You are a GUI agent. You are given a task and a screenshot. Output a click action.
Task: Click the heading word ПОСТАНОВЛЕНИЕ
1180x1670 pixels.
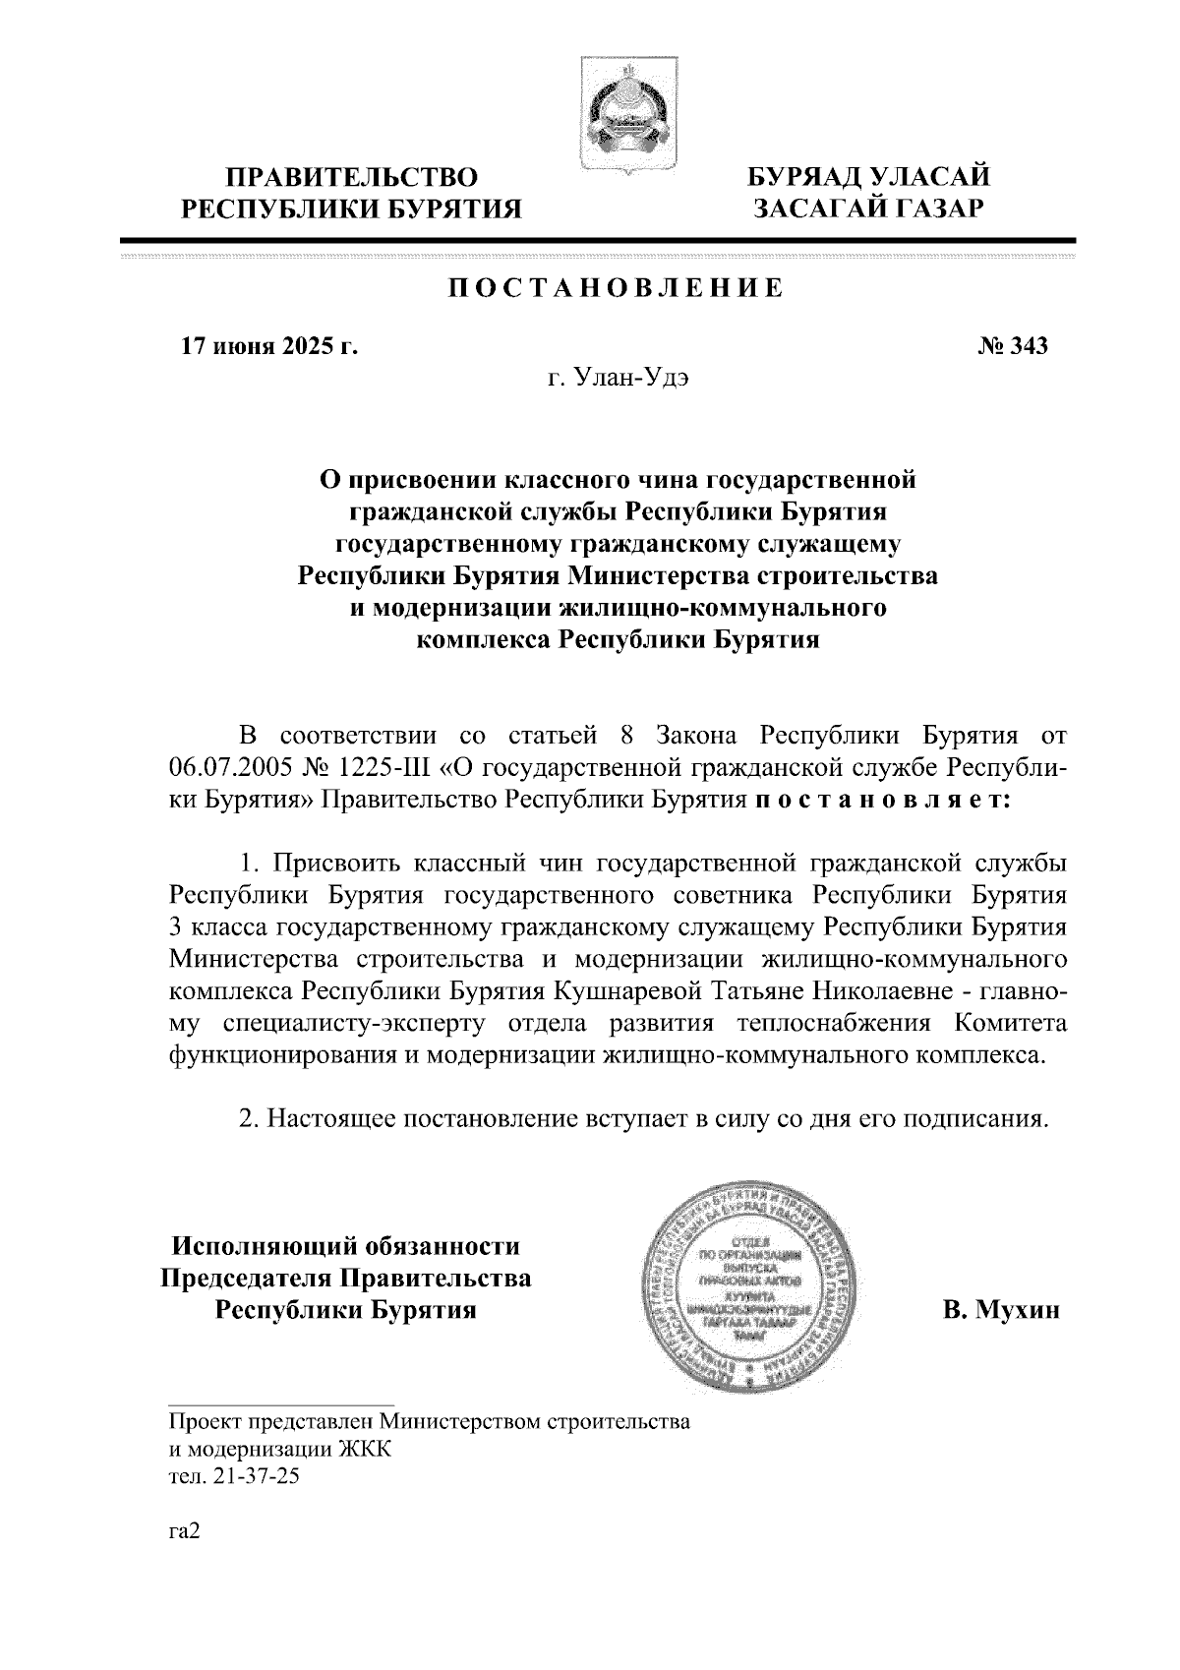click(618, 288)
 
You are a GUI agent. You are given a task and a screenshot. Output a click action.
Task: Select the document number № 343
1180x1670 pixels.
click(1013, 346)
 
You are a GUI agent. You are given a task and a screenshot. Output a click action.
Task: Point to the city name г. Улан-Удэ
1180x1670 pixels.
click(618, 380)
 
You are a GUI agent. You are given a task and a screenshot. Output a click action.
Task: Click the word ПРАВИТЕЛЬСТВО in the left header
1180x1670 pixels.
click(352, 178)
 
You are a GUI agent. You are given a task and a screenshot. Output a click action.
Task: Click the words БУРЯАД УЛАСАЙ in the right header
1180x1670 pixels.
click(868, 177)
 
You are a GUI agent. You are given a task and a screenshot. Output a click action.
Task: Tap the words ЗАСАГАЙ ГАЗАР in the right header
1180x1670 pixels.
click(868, 209)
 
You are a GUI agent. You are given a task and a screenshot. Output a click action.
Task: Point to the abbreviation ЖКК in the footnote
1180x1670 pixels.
click(364, 1450)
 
